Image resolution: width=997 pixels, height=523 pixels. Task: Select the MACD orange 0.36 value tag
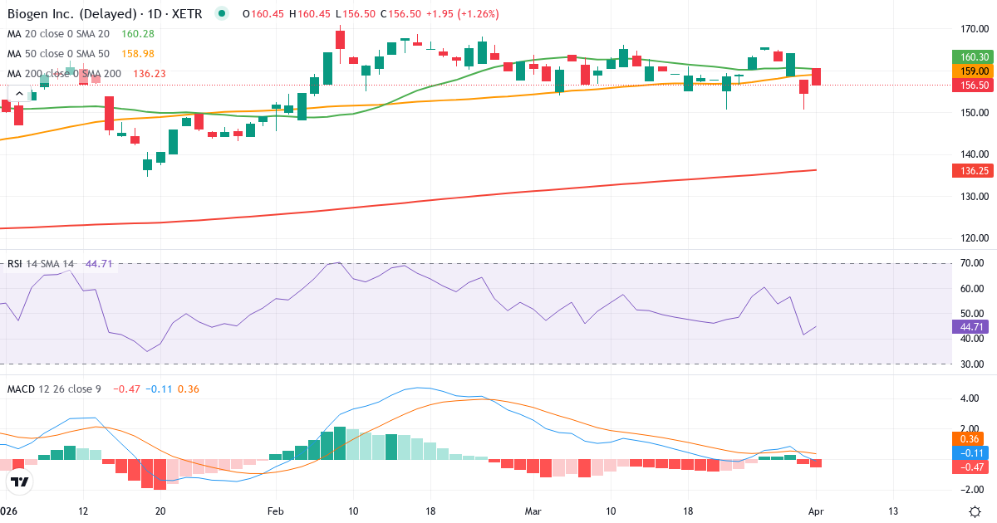pos(967,438)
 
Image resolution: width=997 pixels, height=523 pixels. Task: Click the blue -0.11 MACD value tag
pos(967,453)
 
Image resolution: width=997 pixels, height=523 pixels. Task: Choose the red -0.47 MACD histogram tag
pos(967,467)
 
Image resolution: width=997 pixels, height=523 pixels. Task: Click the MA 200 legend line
pos(65,73)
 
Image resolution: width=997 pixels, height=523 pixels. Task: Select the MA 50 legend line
pos(58,53)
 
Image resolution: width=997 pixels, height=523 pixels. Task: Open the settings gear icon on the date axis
pos(977,511)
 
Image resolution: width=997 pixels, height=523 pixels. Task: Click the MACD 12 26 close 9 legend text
pos(54,389)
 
